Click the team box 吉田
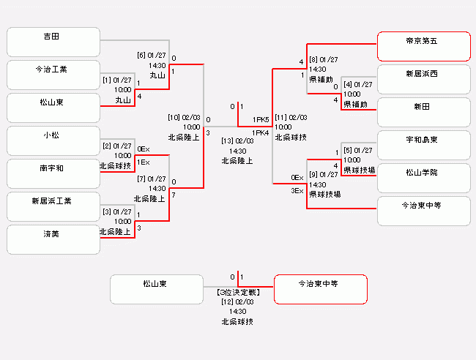tap(53, 42)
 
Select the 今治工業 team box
tap(53, 75)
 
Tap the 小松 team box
tap(53, 140)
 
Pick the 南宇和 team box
tap(53, 174)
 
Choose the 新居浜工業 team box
tap(53, 206)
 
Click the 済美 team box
tap(53, 239)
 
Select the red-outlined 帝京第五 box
tap(424, 46)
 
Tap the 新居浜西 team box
tap(424, 80)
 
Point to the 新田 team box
tap(424, 112)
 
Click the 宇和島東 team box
tap(424, 146)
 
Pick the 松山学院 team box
tap(424, 178)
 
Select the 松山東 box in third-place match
tap(157, 289)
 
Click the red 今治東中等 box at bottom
tap(321, 289)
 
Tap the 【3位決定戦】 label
tap(238, 293)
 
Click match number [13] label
tap(227, 141)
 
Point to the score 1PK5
tap(261, 120)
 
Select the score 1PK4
tap(261, 133)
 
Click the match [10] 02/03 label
tap(184, 117)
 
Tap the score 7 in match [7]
tap(174, 195)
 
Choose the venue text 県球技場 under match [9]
tap(325, 194)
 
